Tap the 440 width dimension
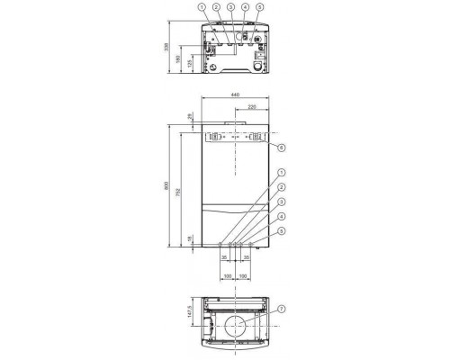click(x=234, y=93)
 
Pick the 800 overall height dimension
click(x=166, y=186)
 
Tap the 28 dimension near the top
click(x=191, y=117)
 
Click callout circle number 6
click(x=282, y=147)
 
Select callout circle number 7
click(x=282, y=310)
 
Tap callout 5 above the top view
click(x=260, y=8)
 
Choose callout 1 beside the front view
click(x=282, y=172)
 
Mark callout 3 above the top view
click(x=231, y=8)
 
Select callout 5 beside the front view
click(x=282, y=231)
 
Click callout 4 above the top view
click(x=246, y=8)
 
